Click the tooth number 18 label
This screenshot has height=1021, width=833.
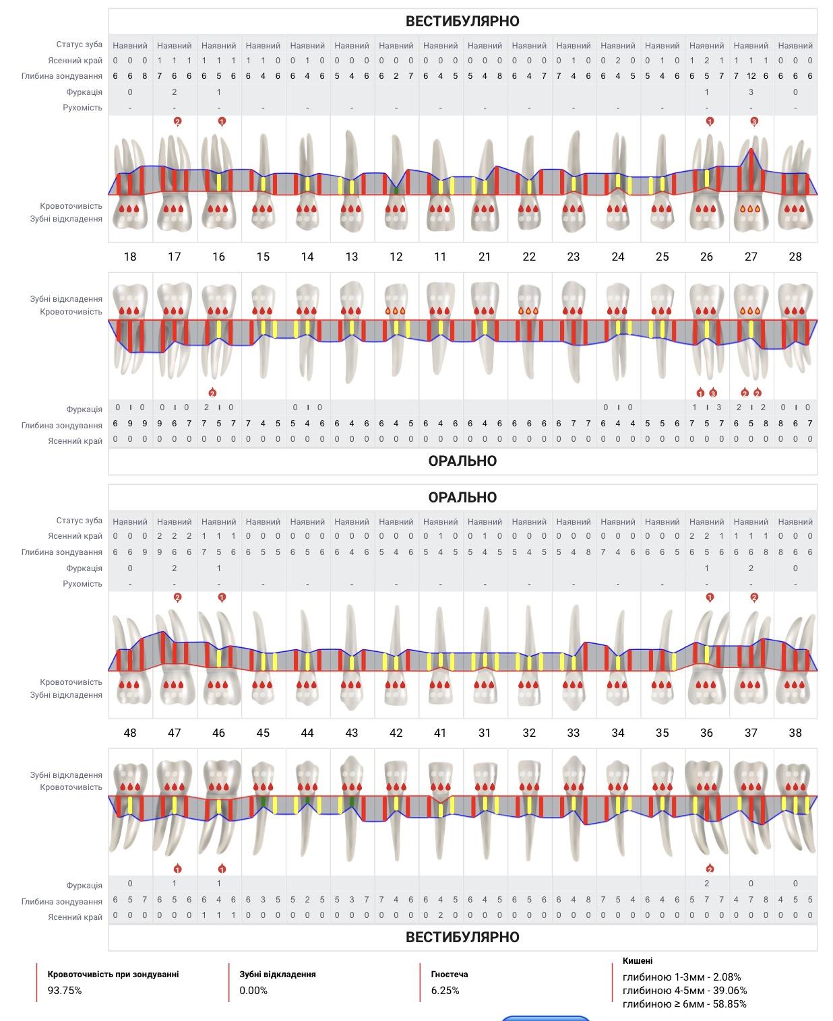coord(130,257)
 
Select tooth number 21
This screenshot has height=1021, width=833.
coord(485,257)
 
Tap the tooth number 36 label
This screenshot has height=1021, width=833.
coord(706,733)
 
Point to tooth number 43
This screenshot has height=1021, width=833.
coord(351,733)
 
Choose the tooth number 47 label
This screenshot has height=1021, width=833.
coord(174,733)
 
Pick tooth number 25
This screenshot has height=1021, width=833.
coord(662,257)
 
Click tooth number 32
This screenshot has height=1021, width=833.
coord(529,733)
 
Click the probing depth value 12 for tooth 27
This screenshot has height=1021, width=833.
coord(751,76)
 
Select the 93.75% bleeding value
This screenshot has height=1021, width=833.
coord(65,991)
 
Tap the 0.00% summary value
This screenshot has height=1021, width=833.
coord(253,991)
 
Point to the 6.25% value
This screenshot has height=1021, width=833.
coord(445,991)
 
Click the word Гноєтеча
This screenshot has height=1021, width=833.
coord(450,974)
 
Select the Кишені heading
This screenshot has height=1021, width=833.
coord(638,960)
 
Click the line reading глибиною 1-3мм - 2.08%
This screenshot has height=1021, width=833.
coord(682,977)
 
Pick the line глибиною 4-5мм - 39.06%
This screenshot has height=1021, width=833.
coord(685,991)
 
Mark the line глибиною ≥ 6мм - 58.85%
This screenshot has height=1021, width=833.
coord(684,1004)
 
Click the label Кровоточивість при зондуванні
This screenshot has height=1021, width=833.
coord(113,974)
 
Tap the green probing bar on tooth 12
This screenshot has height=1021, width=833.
coord(396,190)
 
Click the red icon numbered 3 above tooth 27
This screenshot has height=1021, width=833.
coord(754,121)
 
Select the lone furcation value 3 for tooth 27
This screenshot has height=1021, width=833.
coord(751,92)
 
